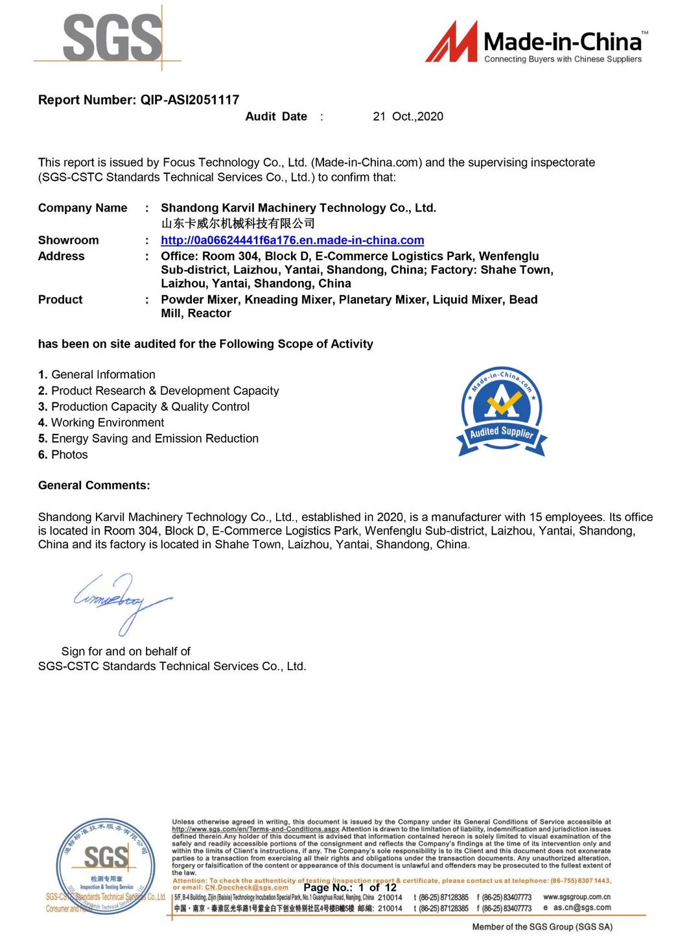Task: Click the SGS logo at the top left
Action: (111, 38)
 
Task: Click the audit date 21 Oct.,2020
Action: (408, 117)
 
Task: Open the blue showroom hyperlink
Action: (292, 241)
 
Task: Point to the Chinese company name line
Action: (238, 224)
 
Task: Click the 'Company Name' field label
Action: (82, 208)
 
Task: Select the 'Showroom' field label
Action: (68, 241)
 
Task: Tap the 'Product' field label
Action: (60, 300)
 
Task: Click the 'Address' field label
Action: (61, 256)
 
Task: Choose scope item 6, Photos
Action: (69, 455)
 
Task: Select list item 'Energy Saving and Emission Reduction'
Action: (154, 439)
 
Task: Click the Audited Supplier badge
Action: (502, 411)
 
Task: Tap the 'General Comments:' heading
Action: (94, 486)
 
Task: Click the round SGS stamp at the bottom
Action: (106, 866)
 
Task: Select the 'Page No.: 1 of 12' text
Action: (349, 887)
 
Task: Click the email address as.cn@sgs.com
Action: (581, 908)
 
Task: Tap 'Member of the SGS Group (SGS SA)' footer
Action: (542, 927)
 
